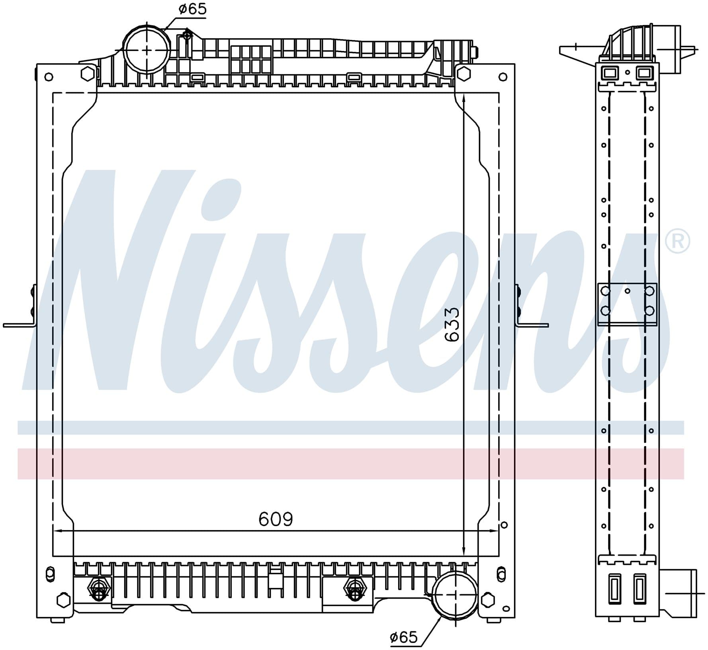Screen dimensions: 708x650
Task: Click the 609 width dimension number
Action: click(276, 519)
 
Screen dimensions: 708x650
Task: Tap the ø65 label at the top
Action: click(193, 9)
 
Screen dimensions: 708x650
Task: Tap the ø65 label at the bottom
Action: click(403, 637)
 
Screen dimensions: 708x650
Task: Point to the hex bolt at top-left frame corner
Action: click(87, 74)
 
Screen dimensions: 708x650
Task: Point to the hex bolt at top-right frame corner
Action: click(462, 74)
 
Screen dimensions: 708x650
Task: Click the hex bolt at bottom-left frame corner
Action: click(63, 600)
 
